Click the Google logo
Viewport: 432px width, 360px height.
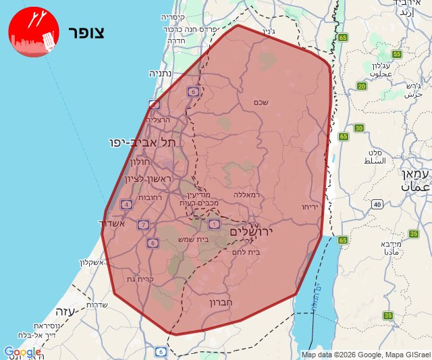point(22,352)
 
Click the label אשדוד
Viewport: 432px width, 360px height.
point(112,223)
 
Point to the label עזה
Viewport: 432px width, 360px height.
point(63,312)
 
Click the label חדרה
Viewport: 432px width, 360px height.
point(178,41)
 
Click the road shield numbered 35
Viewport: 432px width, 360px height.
point(387,315)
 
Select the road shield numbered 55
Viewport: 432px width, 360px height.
point(397,54)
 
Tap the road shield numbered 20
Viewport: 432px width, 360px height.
point(362,86)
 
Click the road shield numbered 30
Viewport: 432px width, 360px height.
point(359,128)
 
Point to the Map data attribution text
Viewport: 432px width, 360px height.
point(365,355)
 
